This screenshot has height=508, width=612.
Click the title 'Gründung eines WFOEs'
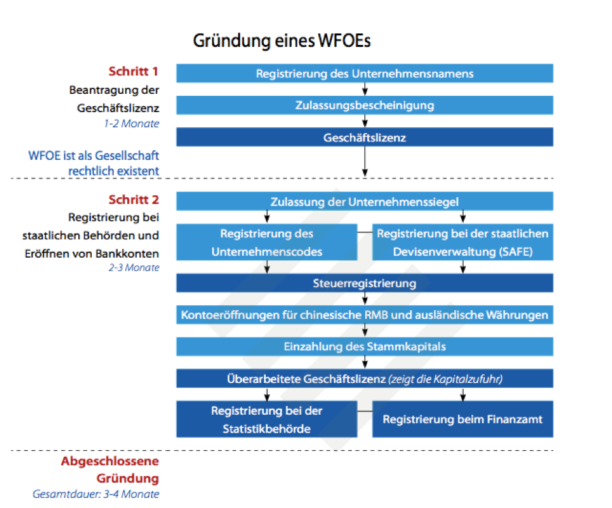(x=282, y=40)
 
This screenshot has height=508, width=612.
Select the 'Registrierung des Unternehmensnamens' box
(x=364, y=73)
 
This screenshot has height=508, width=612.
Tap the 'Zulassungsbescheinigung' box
(x=364, y=105)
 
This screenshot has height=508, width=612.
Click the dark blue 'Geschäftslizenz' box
(x=364, y=137)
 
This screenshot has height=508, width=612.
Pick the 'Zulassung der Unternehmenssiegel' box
(x=364, y=201)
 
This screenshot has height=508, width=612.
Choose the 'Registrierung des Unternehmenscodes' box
(x=267, y=242)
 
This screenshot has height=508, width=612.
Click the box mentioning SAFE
(x=462, y=242)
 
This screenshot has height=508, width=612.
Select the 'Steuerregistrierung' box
(x=364, y=283)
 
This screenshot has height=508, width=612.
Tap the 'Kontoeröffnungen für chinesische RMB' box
(x=364, y=315)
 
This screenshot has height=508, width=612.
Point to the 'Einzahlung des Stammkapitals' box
(x=364, y=347)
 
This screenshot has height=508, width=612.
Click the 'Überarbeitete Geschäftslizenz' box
(x=364, y=379)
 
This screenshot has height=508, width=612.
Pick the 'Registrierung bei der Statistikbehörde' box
(x=267, y=420)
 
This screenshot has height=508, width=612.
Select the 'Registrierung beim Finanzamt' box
(x=462, y=420)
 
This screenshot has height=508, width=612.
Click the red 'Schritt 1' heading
(x=133, y=71)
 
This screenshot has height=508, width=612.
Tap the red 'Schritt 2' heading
(x=133, y=201)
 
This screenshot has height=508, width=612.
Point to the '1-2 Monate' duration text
(x=133, y=124)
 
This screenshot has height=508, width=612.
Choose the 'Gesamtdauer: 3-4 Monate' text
(x=96, y=494)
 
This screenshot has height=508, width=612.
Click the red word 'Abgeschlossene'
(x=110, y=462)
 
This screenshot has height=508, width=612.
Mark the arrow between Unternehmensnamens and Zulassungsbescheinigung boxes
(x=365, y=89)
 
